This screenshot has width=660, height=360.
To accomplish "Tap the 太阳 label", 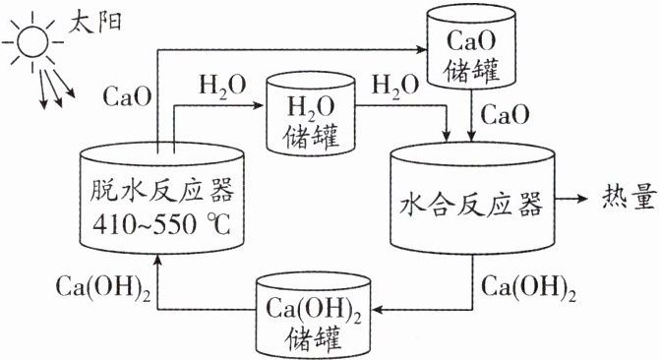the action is [94, 21].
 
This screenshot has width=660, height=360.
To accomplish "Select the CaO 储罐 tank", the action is [471, 45].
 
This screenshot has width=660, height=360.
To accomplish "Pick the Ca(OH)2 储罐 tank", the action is [314, 315].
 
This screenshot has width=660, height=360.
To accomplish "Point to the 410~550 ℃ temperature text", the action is [162, 224].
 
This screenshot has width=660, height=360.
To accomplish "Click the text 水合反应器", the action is [471, 205].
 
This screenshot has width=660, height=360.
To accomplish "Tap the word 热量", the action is [630, 198].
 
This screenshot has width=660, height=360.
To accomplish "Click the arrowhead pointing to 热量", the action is [581, 198].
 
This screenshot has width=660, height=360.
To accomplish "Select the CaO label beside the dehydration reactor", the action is [127, 96].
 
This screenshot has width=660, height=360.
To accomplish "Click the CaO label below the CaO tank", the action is [505, 114].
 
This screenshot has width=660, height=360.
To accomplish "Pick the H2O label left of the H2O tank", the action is [222, 87].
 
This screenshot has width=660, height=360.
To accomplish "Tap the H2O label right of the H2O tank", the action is [394, 87].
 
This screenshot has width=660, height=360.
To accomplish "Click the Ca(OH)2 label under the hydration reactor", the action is [528, 289].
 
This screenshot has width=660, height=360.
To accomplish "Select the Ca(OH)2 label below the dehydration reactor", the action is [103, 289].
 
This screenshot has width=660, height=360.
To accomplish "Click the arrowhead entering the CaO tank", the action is [421, 50].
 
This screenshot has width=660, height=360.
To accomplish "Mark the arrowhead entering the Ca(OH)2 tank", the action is [378, 310].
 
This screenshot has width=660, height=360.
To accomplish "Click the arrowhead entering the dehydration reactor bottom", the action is [157, 260].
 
